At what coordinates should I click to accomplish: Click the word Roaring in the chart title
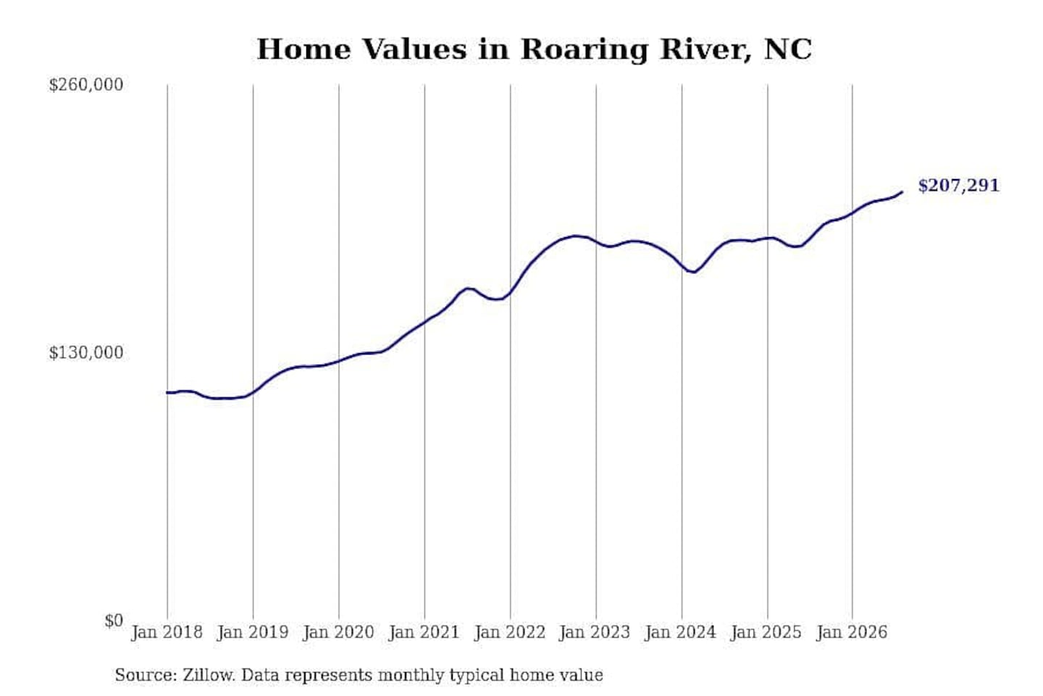coord(585,50)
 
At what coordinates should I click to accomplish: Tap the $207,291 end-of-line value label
coord(958,186)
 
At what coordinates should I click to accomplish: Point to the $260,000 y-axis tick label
coord(86,85)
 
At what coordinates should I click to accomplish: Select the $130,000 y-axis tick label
coord(86,352)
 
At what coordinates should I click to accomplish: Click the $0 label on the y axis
coord(114,621)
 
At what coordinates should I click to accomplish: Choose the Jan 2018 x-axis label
coord(167,633)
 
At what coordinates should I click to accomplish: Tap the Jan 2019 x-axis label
coord(253,633)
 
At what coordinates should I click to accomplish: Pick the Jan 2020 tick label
coord(338,633)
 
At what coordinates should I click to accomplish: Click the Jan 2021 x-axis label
coord(424,633)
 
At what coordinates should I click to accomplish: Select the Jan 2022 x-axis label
coord(510,633)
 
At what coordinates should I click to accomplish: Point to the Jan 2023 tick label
coord(595,633)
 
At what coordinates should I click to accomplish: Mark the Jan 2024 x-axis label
coord(681,633)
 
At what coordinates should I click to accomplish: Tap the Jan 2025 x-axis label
coord(766,633)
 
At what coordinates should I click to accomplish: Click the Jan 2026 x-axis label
coord(852,633)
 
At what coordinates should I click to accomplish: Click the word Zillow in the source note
coord(209,675)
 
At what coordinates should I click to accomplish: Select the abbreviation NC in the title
coord(788,49)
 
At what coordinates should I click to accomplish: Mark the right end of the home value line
coord(902,192)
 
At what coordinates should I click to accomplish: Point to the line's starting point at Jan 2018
coord(167,392)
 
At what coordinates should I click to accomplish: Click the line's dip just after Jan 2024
coord(694,272)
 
